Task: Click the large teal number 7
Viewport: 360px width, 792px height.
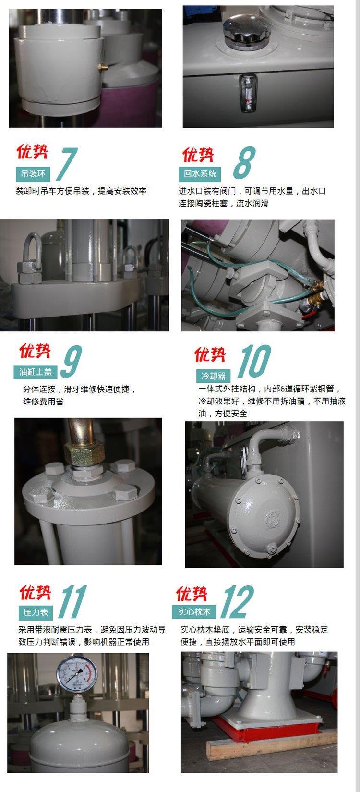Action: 67,164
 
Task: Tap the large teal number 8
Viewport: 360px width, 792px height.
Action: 244,163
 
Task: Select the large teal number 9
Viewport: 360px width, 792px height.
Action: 71,361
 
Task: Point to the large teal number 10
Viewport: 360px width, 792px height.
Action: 254,361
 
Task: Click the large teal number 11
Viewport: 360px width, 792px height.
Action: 72,601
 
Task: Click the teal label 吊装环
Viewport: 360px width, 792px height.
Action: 33,173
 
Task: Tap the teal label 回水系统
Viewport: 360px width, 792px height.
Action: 200,173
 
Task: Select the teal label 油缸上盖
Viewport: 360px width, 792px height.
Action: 36,372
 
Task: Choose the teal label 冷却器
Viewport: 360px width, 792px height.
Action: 214,376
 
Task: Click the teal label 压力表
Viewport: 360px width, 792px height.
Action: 36,612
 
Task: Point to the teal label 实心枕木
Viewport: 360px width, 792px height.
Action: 194,612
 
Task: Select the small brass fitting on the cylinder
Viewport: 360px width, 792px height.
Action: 103,66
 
